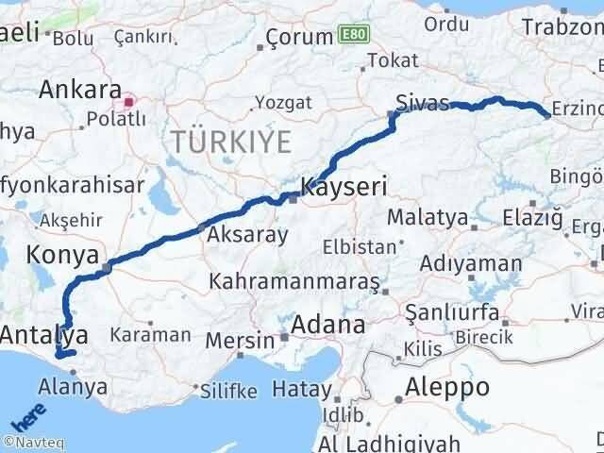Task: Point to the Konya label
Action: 64,255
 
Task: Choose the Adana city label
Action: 327,327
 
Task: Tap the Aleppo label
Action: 447,387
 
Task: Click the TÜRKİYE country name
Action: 230,143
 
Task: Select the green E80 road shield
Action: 352,36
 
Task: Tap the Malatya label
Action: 428,218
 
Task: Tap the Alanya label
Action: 74,386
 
